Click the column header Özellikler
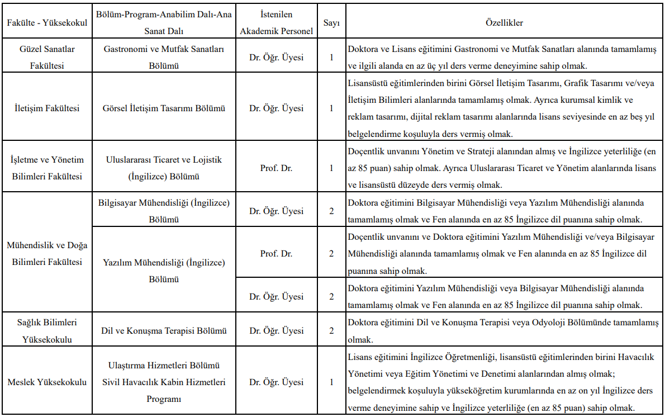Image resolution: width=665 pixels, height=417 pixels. (504, 23)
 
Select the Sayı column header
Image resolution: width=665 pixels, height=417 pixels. (331, 23)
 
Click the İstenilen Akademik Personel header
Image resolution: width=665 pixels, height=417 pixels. (276, 23)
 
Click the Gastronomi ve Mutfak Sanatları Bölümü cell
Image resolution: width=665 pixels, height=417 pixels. (164, 57)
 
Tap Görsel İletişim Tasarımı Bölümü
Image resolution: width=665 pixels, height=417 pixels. (164, 108)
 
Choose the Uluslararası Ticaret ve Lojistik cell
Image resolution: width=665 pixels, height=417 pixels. (164, 168)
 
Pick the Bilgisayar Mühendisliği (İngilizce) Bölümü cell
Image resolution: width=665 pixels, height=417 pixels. (164, 211)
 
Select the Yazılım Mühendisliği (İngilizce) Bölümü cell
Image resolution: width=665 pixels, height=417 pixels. (164, 271)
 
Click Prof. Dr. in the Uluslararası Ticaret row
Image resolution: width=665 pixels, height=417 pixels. (276, 168)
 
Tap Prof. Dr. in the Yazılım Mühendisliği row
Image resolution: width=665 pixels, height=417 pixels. (276, 254)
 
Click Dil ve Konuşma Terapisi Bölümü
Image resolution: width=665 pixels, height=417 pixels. (164, 331)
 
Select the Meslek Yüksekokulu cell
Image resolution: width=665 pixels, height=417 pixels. (47, 382)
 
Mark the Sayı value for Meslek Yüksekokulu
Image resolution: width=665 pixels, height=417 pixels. (331, 382)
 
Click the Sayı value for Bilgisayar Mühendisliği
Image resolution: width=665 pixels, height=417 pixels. (331, 211)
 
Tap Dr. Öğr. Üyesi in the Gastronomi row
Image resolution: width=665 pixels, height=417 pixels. (276, 57)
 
